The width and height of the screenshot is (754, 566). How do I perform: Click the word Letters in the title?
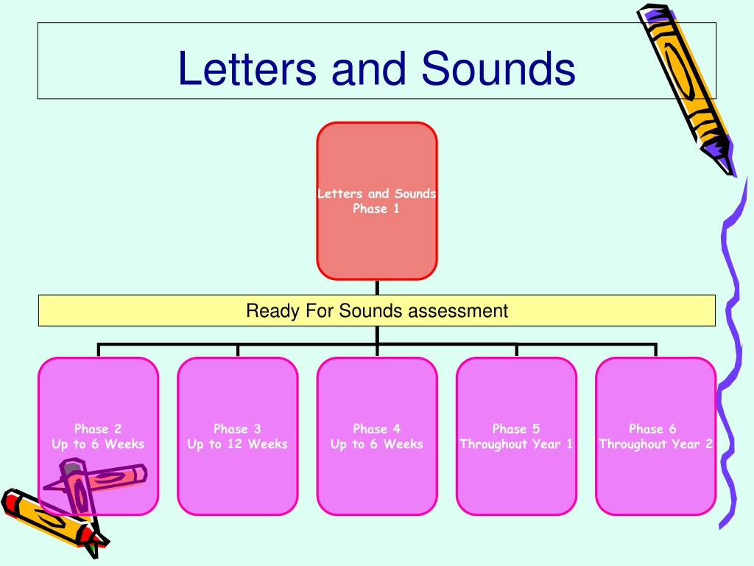point(247,68)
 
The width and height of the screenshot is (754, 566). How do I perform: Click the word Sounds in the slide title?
point(498,68)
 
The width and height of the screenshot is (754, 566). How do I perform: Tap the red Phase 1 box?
point(377,200)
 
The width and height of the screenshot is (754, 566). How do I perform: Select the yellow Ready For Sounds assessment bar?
point(377,310)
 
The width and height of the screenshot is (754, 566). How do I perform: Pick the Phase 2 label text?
point(98,428)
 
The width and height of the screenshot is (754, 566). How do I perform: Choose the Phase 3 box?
point(238,436)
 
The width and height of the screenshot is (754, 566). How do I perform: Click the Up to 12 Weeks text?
point(238,444)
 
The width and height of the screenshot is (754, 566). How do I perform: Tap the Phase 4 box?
point(377,436)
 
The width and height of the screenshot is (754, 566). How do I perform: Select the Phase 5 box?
point(516,436)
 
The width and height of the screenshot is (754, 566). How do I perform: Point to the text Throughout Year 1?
point(516,444)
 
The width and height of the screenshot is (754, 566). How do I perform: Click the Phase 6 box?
point(656,436)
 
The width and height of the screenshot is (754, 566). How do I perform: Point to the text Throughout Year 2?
point(656,444)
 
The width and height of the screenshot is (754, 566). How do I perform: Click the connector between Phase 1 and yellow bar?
point(377,287)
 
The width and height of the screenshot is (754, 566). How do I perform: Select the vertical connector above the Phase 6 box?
point(656,350)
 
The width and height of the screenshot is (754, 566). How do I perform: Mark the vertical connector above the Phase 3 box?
point(238,350)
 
